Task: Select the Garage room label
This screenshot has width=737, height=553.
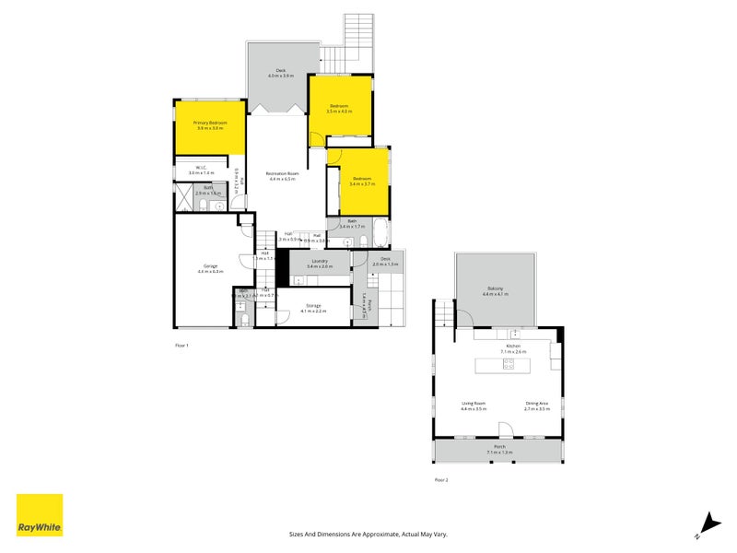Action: click(211, 268)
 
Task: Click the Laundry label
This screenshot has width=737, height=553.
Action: click(320, 263)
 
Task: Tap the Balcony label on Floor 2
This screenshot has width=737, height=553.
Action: click(496, 290)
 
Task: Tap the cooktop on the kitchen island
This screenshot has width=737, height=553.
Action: click(508, 365)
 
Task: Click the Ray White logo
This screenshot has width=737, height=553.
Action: click(40, 515)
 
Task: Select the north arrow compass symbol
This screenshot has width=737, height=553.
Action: click(707, 523)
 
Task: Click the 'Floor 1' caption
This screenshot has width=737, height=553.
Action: click(181, 345)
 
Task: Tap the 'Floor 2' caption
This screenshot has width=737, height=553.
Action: click(440, 480)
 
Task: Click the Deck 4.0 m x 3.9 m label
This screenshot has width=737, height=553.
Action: click(282, 74)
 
